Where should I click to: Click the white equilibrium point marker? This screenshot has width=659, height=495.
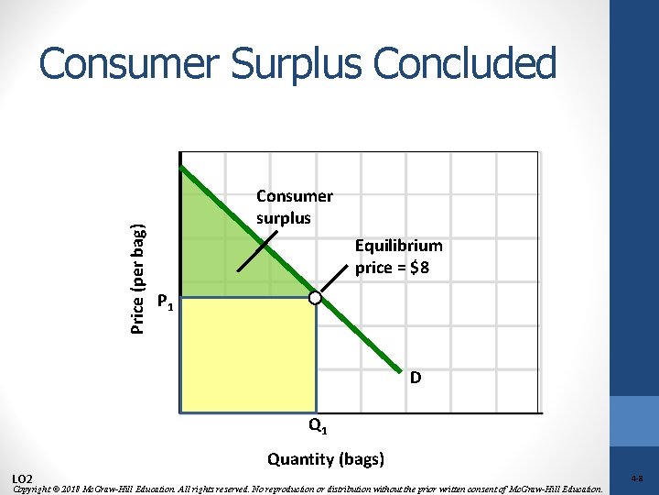[315, 299]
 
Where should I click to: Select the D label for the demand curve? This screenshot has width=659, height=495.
[416, 377]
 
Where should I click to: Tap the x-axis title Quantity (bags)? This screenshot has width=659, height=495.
[325, 459]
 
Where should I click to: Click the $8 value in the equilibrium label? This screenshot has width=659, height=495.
[428, 269]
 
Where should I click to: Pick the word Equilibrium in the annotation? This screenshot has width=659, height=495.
[398, 246]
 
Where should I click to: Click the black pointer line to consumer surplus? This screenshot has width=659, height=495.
[257, 252]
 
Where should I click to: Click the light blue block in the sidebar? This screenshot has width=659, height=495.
[633, 421]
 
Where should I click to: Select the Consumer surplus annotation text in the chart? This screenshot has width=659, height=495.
[294, 207]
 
